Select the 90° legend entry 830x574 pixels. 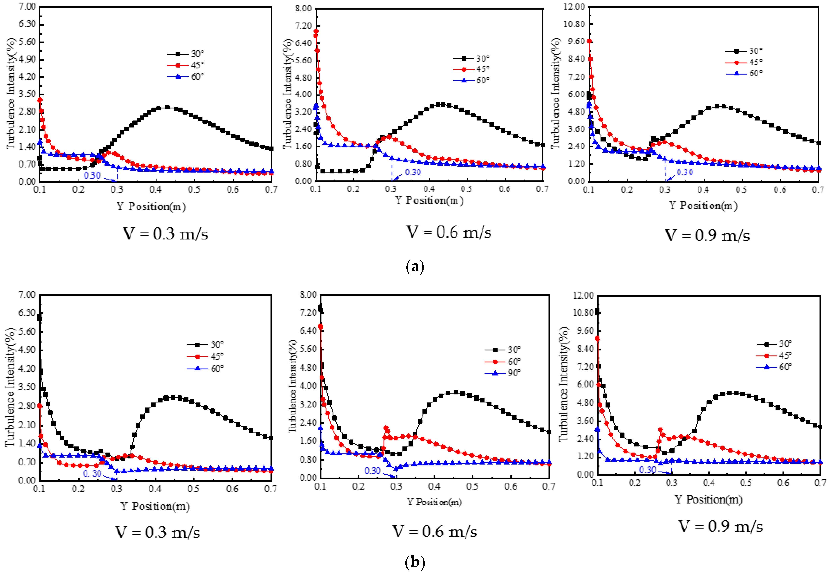click(513, 373)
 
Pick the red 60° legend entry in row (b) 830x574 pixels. click(513, 361)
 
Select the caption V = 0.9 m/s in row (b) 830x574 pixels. click(720, 527)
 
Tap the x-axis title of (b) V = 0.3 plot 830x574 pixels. click(155, 506)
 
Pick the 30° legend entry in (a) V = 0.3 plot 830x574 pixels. click(197, 54)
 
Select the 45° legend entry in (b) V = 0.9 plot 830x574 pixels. click(785, 355)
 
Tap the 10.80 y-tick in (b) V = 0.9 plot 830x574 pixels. click(583, 313)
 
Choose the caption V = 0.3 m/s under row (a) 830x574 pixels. click(166, 234)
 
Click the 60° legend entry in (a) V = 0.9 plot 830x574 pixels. click(756, 73)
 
